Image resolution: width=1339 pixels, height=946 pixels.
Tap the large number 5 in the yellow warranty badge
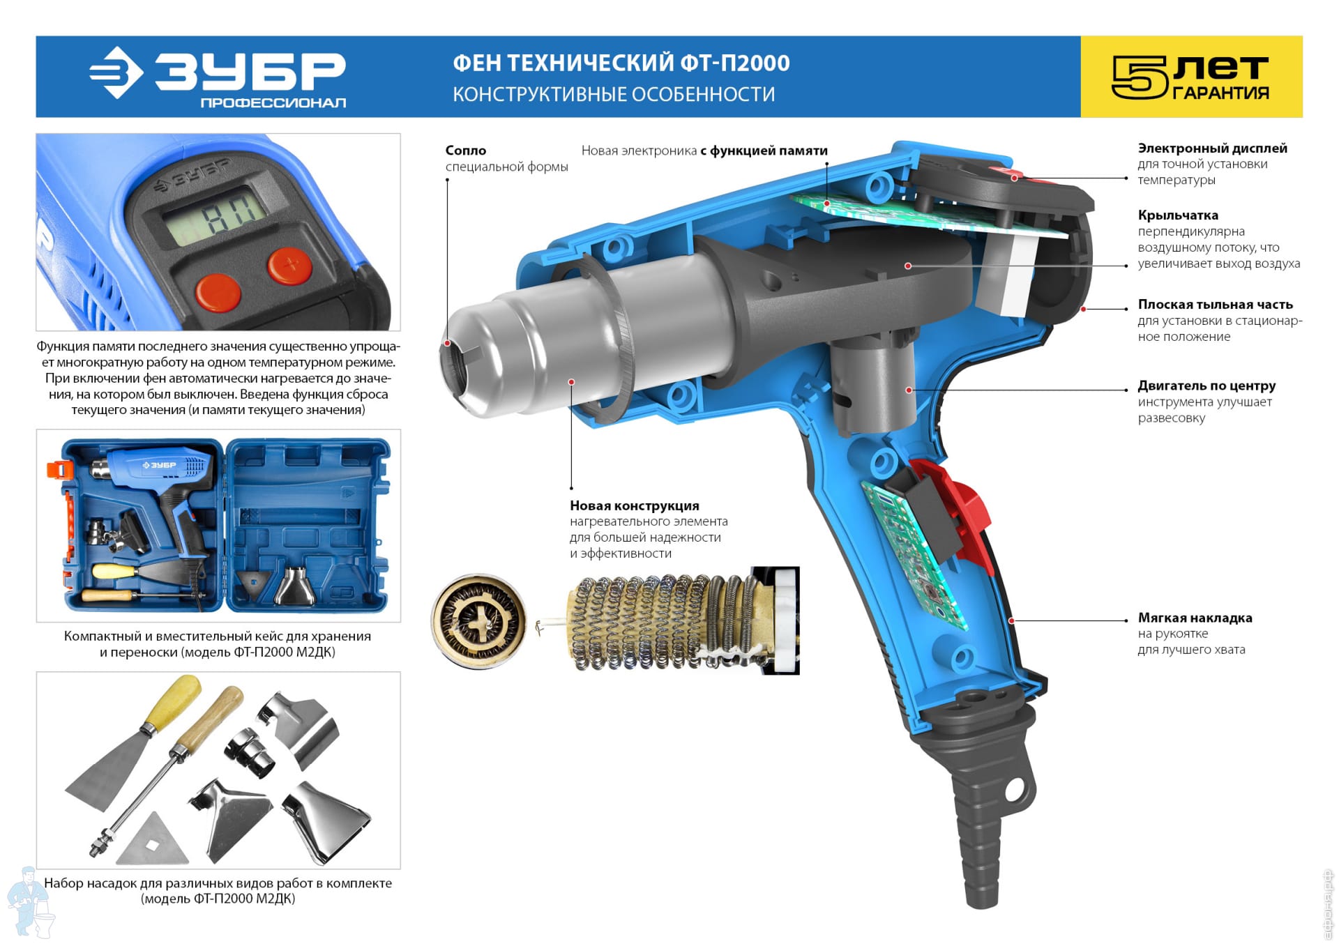coord(1139,77)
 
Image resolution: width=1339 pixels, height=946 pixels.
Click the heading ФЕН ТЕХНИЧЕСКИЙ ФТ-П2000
coord(621,63)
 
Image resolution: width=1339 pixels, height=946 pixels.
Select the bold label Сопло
coord(466,150)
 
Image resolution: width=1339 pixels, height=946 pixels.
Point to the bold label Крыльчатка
coord(1178,215)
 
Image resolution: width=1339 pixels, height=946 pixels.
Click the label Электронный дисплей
coord(1213,148)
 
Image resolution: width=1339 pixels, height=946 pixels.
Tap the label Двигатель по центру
coord(1207,386)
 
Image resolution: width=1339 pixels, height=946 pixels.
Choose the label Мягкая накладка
coord(1195,618)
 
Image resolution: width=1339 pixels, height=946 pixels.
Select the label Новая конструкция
coord(635,505)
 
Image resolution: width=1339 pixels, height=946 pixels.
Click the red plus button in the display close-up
coord(291,265)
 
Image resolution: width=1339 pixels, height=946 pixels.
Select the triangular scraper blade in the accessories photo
coord(153,841)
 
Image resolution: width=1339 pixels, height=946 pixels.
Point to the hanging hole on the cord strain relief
coord(1013,789)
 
